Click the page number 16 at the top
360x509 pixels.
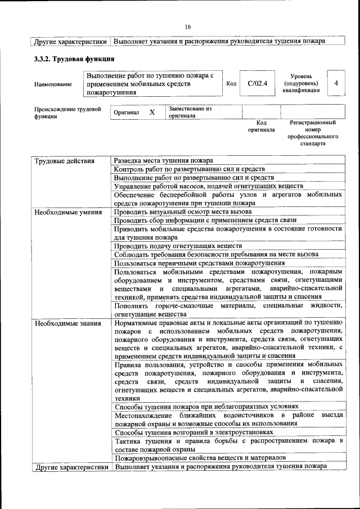click(187, 26)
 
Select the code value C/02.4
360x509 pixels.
click(256, 84)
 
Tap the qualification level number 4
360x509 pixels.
click(336, 83)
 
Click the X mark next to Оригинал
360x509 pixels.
click(152, 112)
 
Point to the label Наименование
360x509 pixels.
click(53, 84)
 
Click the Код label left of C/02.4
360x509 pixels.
click(231, 84)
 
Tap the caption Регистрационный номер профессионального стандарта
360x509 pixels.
click(313, 133)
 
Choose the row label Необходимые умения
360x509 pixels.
click(68, 212)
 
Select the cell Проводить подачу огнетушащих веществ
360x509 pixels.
click(178, 246)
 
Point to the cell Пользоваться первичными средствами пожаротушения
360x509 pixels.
click(199, 263)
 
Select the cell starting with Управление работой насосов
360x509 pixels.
click(208, 186)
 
